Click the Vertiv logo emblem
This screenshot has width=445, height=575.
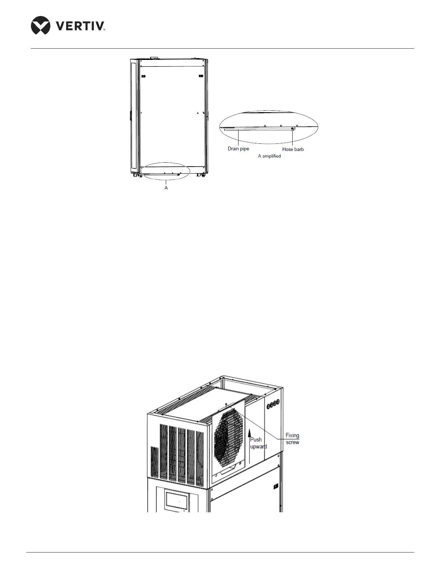tap(41, 25)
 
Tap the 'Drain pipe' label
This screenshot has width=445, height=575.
tap(238, 149)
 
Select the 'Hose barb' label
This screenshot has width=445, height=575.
tap(293, 149)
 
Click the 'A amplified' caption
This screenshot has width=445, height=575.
tap(269, 156)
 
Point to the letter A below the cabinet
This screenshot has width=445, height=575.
tap(166, 188)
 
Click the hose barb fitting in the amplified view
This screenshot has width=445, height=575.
tap(293, 129)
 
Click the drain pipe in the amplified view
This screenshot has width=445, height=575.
tap(254, 129)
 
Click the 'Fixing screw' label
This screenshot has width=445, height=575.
tap(292, 439)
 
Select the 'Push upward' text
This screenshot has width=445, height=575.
tap(257, 443)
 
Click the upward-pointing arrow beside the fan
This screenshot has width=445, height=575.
tap(249, 443)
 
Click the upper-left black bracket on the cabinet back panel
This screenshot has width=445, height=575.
tap(143, 76)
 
